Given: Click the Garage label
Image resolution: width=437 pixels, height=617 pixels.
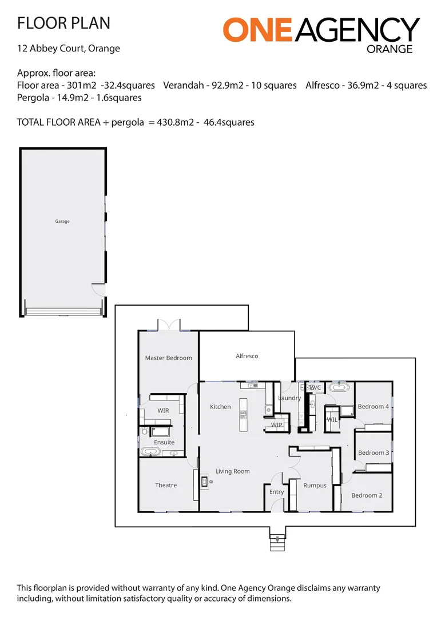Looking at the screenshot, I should coord(62,222).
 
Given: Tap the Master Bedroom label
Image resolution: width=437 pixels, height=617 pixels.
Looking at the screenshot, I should coord(168,358).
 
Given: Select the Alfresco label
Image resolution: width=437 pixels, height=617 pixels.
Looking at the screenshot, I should coord(247,356).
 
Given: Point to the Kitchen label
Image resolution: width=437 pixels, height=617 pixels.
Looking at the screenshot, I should coord(220,407).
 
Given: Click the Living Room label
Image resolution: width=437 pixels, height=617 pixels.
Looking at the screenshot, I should coord(232,471).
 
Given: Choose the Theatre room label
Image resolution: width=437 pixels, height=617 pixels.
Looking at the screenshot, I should coord(166,485).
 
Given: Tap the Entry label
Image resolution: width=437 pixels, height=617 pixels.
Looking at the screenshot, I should coord(276,492).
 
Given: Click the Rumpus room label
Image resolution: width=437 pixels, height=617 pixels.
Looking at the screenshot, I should coord(315,486).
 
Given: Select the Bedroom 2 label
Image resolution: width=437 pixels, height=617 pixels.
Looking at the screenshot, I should coord(367,495).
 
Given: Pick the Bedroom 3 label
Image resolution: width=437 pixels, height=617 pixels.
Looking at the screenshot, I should coord(374,453).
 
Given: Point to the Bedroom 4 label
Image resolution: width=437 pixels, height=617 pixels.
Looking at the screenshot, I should coord(374,407).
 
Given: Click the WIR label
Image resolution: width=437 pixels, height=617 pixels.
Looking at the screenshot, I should coord(163,411).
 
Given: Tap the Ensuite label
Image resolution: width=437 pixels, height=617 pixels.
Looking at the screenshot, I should coord(164,442).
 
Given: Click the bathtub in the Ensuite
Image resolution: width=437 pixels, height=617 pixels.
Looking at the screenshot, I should coord(151,452).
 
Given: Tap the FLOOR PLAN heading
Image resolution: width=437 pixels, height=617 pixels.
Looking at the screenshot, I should coord(63,23).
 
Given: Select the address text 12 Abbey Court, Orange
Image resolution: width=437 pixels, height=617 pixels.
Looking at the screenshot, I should coord(69,49).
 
